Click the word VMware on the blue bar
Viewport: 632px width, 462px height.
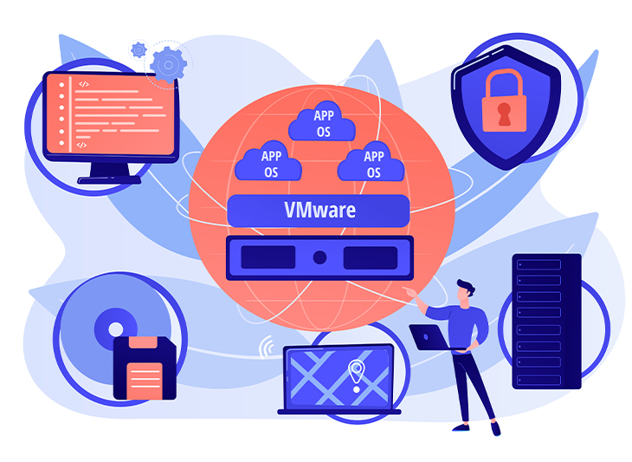click(320, 211)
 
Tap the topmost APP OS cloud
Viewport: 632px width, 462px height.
click(322, 121)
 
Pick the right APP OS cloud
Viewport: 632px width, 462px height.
click(371, 161)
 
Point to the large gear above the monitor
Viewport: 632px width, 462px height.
click(169, 64)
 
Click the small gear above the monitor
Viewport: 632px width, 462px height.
click(139, 50)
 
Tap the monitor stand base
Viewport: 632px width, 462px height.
click(109, 179)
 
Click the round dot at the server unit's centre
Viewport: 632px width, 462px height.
click(319, 257)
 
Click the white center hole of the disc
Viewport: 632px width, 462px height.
click(116, 329)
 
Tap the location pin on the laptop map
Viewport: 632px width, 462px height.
click(357, 374)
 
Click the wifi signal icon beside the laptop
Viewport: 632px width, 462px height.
click(267, 346)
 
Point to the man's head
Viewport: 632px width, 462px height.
click(465, 290)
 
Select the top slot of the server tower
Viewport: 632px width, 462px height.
click(538, 264)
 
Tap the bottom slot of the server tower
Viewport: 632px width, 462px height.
click(538, 380)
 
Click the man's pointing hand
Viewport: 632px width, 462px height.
click(410, 291)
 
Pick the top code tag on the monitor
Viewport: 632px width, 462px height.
click(84, 84)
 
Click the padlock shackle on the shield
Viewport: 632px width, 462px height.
click(504, 82)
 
